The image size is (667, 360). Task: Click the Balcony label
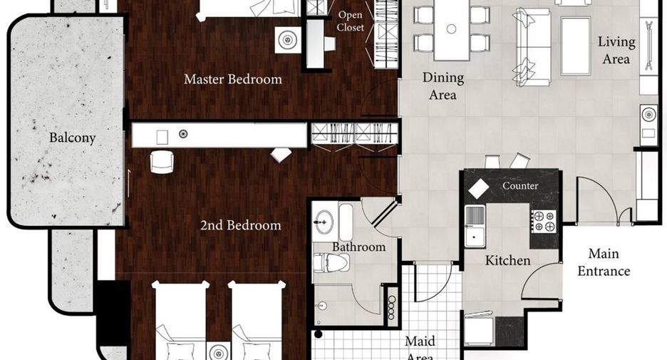tap(72, 138)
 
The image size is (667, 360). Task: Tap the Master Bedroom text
tap(233, 79)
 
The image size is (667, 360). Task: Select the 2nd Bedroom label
tap(240, 225)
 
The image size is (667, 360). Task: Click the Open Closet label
tap(351, 21)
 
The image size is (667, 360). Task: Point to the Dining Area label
tap(443, 86)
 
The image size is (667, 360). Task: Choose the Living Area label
tap(616, 50)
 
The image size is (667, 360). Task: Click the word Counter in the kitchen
tap(519, 186)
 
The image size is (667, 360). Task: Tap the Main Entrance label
tap(603, 262)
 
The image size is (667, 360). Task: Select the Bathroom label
tap(358, 247)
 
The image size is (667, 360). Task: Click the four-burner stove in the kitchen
tap(544, 221)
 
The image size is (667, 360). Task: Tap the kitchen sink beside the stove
tap(475, 226)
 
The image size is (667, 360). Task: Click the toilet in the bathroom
tap(331, 262)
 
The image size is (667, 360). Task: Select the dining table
tap(451, 29)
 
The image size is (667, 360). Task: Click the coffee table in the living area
tap(576, 46)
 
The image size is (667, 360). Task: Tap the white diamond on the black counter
tap(479, 190)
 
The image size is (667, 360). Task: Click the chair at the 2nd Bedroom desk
tap(162, 162)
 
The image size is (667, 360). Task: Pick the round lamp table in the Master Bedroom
tap(288, 41)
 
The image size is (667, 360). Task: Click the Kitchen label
tap(508, 260)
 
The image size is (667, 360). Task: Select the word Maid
tap(420, 341)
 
